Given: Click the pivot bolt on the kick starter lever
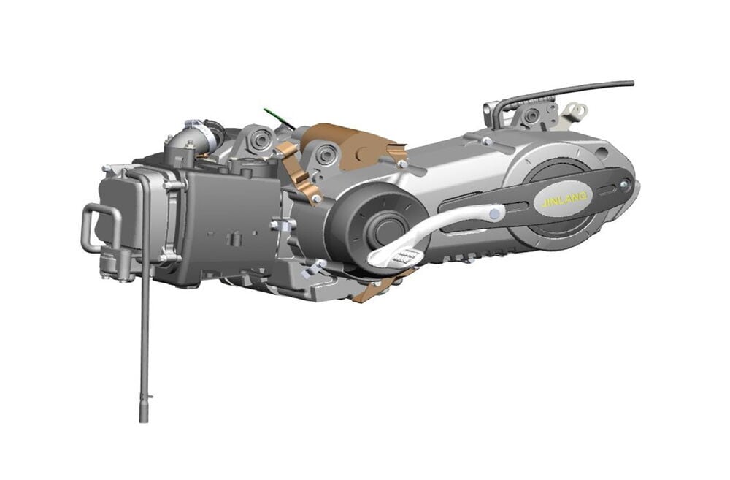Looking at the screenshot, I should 496,214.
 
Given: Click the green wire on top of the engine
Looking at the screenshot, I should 276,117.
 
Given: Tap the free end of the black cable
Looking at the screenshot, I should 630,84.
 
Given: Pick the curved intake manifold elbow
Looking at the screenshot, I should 180,140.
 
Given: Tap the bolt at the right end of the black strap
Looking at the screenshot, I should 625,189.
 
